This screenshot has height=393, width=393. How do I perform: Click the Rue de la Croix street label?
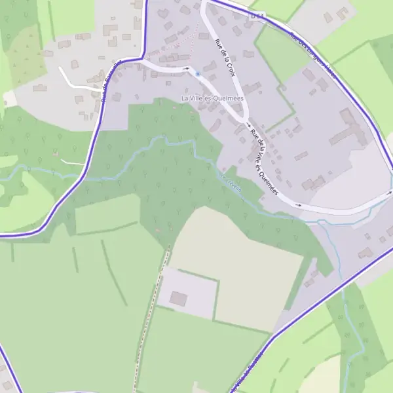click(x=224, y=58)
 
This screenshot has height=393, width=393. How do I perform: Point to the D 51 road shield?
click(x=257, y=14)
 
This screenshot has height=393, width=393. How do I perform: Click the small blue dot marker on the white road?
click(x=197, y=74)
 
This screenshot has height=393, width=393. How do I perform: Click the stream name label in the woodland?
click(x=231, y=184)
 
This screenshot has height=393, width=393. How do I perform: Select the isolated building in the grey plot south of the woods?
click(x=178, y=299)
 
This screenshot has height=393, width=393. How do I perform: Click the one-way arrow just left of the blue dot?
click(x=187, y=68)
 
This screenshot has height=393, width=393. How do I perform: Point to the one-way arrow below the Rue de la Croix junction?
click(x=248, y=124)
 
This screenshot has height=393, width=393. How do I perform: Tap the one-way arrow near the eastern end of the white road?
click(x=299, y=205)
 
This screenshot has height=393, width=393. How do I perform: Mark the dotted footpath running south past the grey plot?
click(x=151, y=314)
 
